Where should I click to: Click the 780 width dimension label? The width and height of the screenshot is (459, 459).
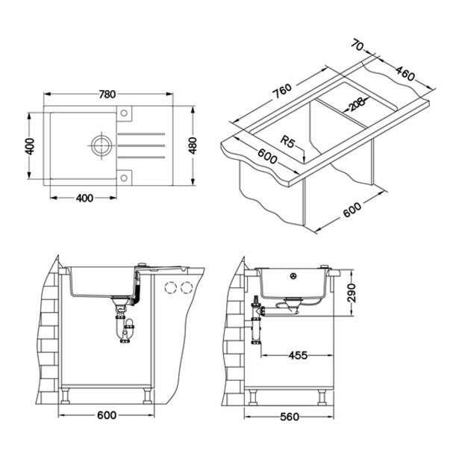pyautogui.click(x=107, y=95)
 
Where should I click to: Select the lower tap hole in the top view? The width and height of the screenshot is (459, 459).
pyautogui.click(x=125, y=177)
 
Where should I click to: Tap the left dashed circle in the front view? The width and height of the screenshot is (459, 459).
pyautogui.click(x=169, y=287)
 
